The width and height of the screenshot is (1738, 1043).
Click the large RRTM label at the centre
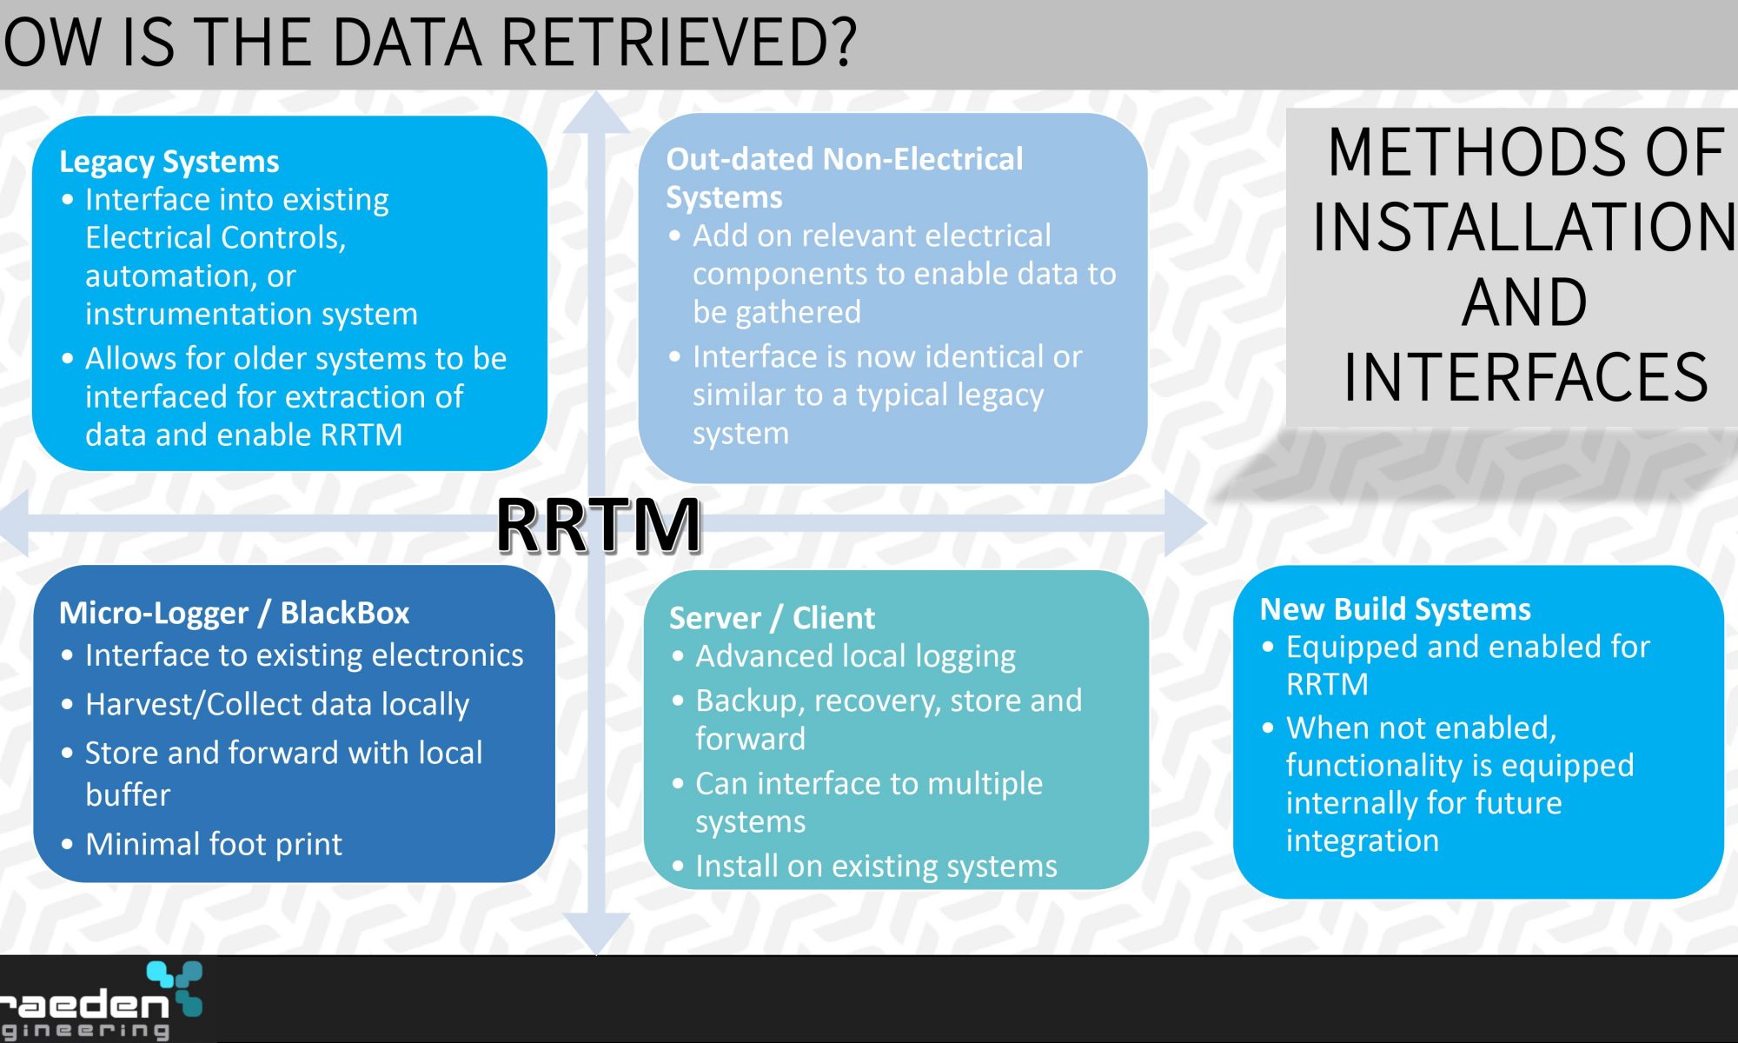[598, 525]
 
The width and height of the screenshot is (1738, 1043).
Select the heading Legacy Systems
[169, 162]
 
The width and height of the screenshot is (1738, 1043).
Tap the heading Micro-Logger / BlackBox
[234, 613]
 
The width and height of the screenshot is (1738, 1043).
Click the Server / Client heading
[772, 618]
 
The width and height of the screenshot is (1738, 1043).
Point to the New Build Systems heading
[1396, 609]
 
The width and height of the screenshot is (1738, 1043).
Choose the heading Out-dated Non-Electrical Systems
[845, 178]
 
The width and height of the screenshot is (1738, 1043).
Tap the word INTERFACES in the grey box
[1526, 377]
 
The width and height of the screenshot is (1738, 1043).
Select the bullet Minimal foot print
[213, 844]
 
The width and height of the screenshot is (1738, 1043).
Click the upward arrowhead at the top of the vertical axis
[596, 113]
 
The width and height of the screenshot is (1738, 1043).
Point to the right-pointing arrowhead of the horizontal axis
[1185, 523]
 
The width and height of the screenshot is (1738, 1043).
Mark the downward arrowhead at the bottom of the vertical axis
[596, 933]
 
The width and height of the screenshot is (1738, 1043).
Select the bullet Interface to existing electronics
[304, 655]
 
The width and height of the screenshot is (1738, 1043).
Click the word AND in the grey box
[1525, 302]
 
